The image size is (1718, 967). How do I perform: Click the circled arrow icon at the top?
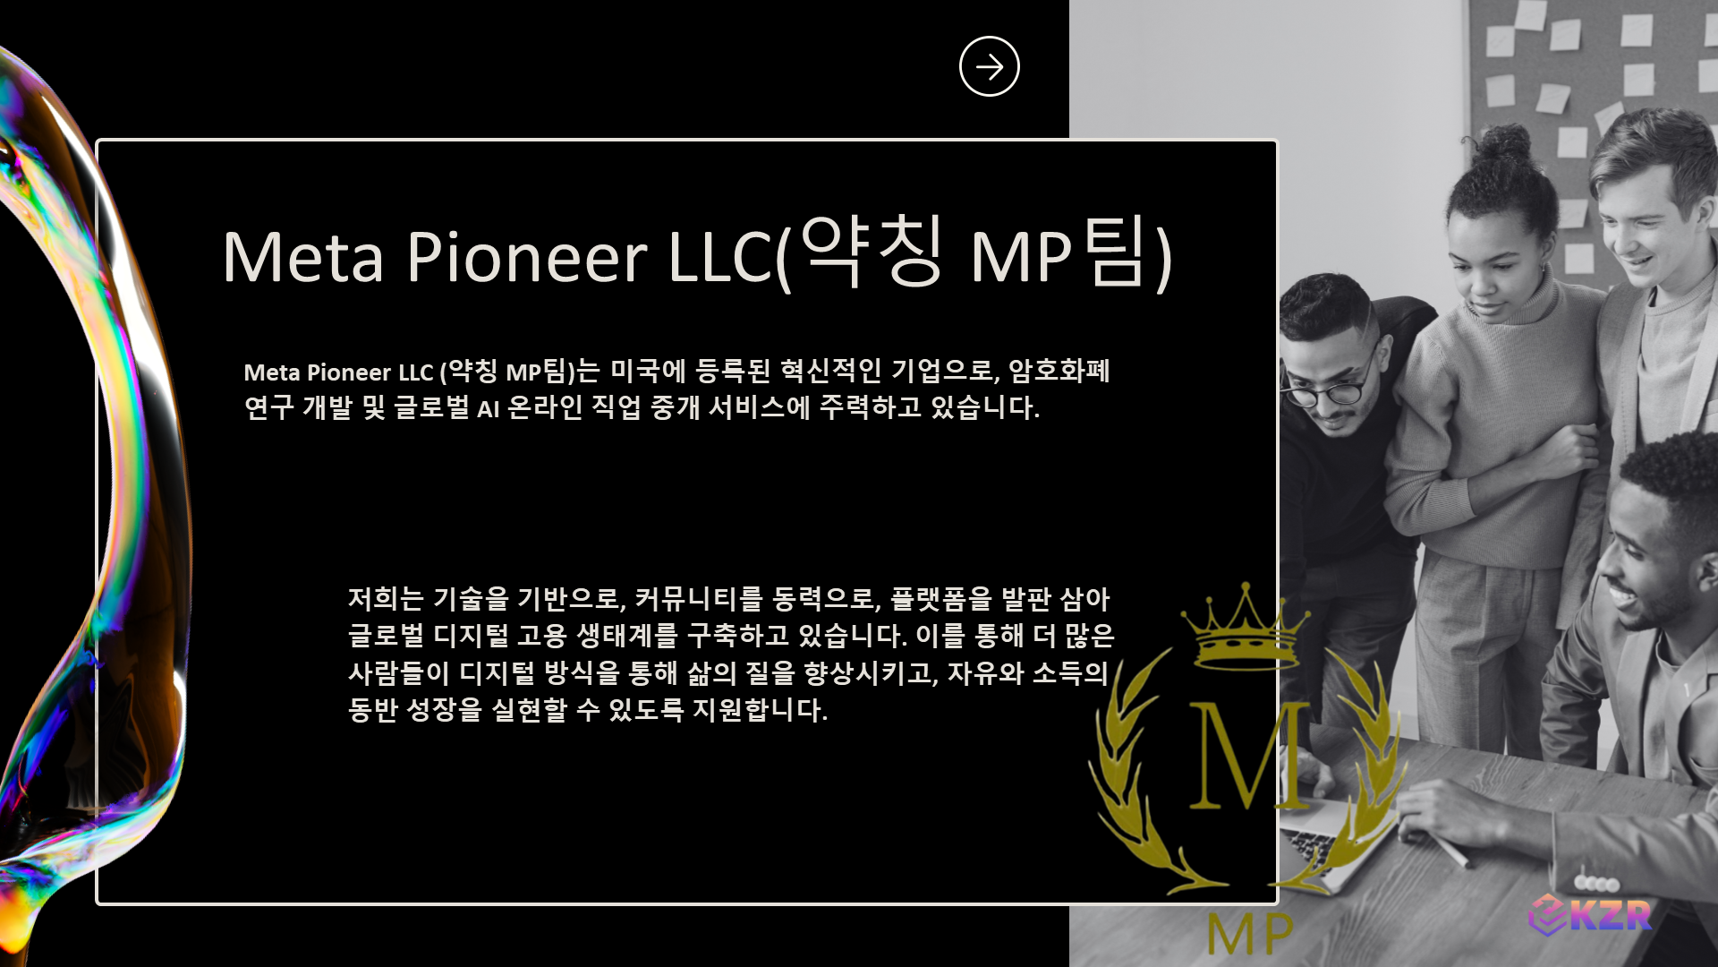[989, 66]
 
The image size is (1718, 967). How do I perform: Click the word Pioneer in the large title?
[526, 257]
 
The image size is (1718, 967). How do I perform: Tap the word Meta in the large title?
[303, 257]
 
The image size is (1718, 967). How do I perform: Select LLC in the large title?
[720, 257]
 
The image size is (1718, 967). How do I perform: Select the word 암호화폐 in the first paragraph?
[1059, 371]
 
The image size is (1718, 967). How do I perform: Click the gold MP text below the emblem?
[1249, 934]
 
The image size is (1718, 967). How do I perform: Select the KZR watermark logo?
[1590, 915]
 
